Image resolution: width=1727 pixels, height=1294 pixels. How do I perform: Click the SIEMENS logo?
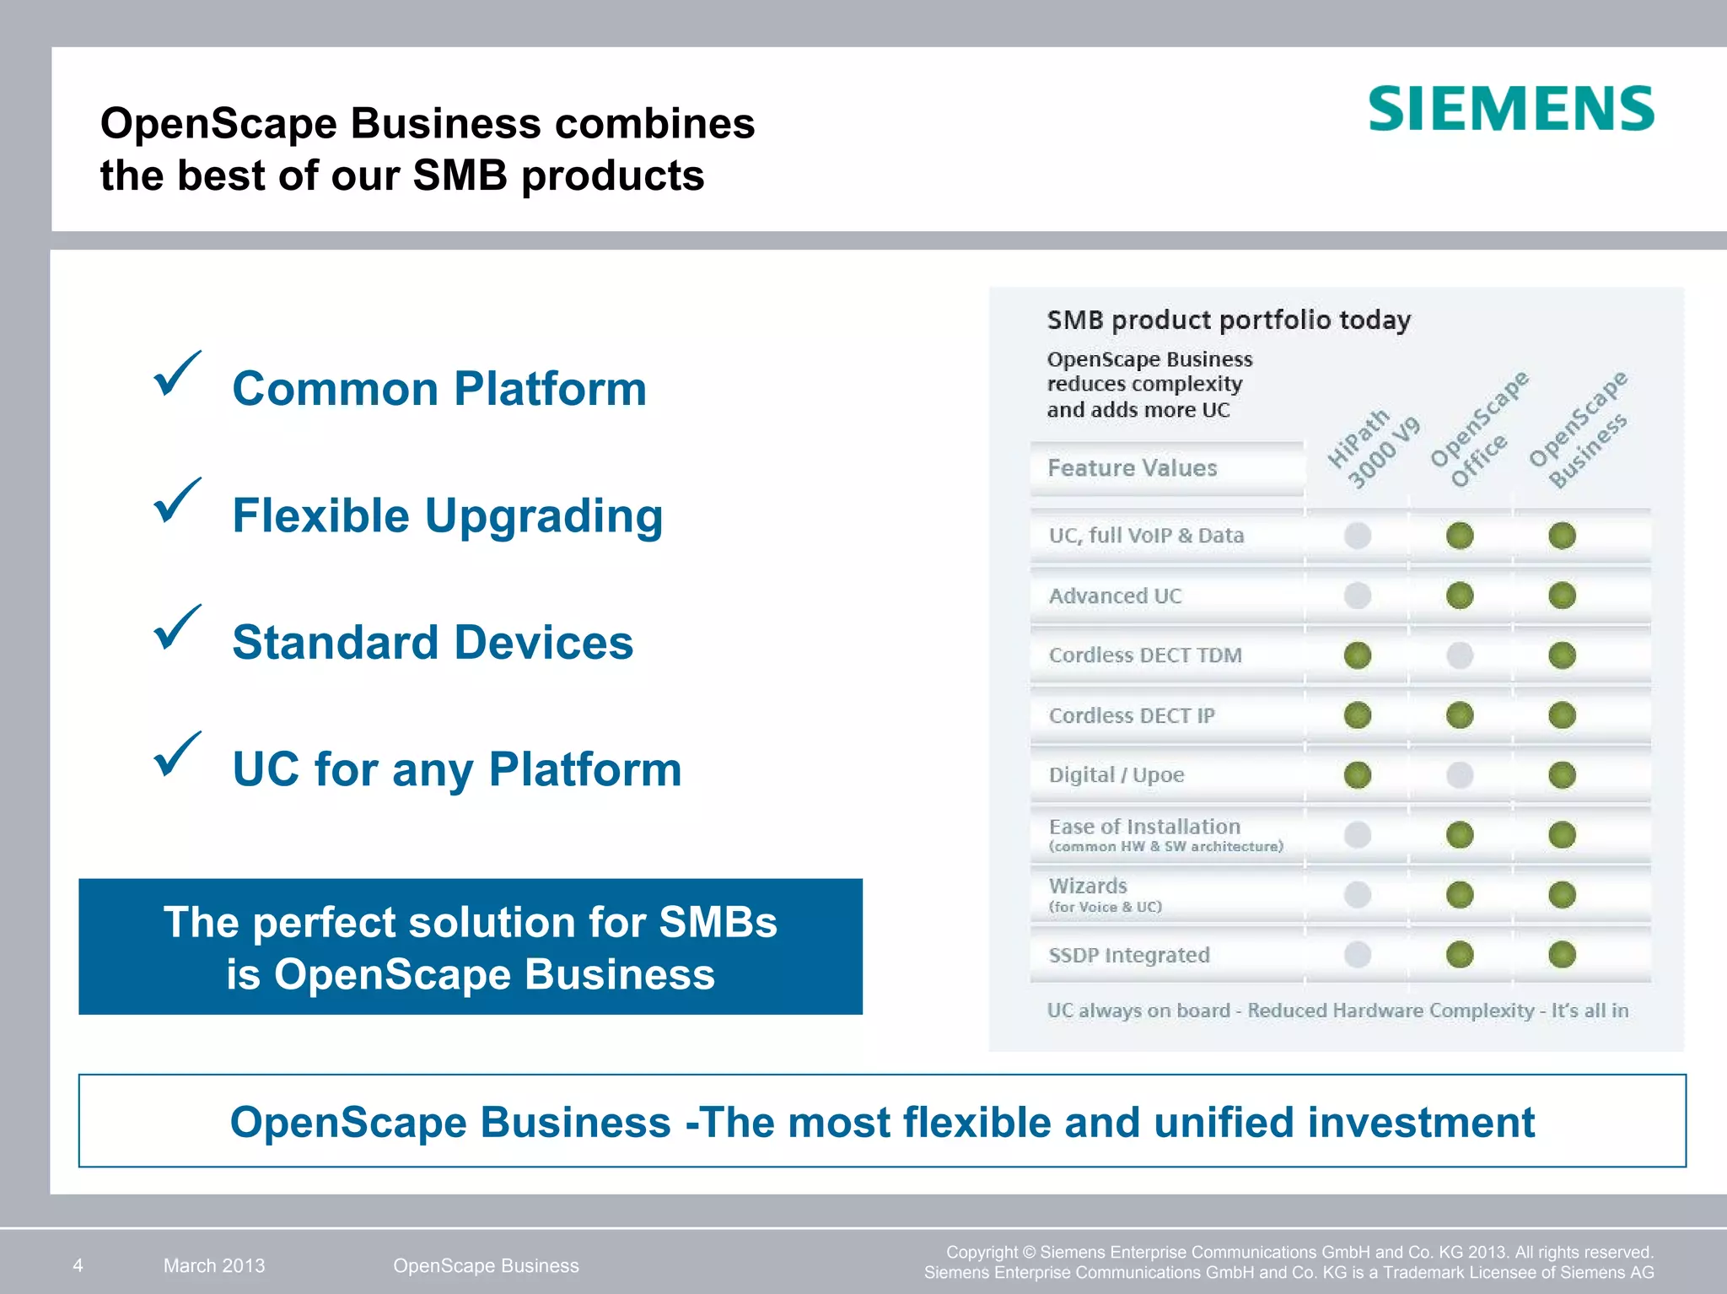[x=1510, y=109]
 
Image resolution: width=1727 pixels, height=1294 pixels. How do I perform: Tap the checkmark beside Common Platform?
[x=177, y=374]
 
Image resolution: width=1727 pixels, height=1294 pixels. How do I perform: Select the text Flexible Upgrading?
[x=447, y=516]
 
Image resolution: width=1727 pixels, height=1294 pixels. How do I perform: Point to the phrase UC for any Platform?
[x=456, y=769]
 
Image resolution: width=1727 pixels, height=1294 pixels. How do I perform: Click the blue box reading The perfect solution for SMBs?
[x=471, y=946]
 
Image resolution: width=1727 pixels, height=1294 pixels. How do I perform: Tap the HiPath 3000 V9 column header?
[x=1373, y=448]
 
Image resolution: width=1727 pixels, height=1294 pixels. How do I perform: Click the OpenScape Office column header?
[x=1478, y=430]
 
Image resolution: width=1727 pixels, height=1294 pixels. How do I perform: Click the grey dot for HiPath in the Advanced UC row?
[x=1357, y=596]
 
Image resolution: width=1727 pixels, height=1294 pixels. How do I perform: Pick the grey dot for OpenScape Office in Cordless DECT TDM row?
[x=1460, y=655]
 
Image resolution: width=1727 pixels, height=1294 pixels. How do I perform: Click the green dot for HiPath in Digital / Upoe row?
[x=1357, y=775]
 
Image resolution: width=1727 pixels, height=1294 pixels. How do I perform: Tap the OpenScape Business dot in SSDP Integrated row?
[x=1562, y=955]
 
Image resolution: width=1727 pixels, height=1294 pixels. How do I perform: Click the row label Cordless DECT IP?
[x=1132, y=716]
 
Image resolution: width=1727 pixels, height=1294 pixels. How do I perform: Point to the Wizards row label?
[x=1088, y=887]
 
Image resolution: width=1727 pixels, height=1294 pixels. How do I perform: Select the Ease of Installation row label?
[x=1144, y=828]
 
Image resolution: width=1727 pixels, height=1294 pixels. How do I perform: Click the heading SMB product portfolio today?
[x=1228, y=321]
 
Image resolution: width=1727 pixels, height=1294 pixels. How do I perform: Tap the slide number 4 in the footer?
[x=78, y=1265]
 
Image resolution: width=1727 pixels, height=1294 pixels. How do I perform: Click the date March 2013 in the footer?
[x=214, y=1265]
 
